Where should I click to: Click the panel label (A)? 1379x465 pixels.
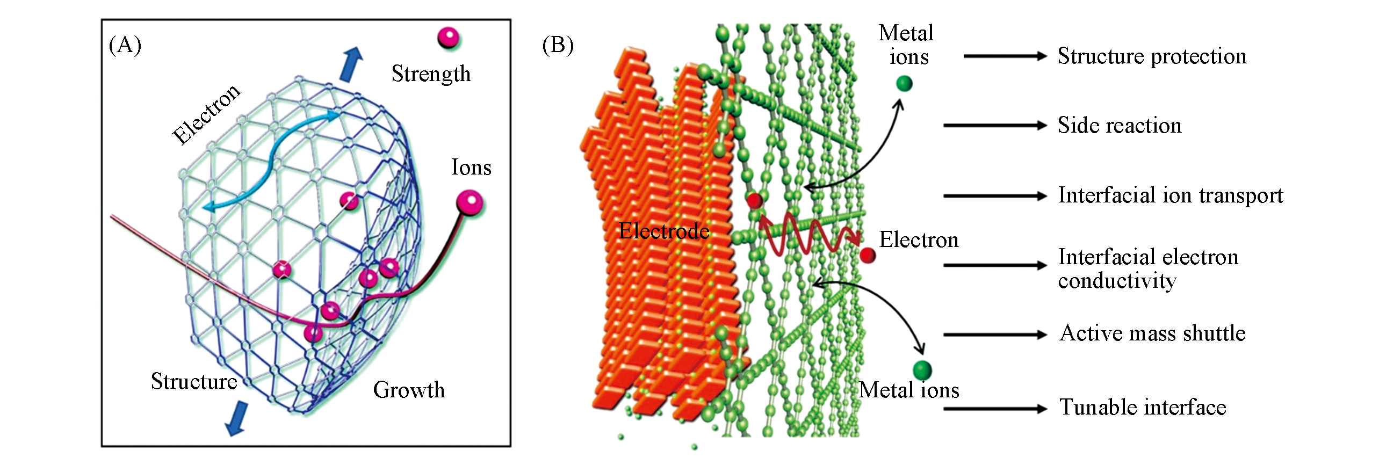[125, 45]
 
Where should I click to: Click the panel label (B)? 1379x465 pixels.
[558, 45]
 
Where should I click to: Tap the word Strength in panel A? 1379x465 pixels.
[431, 74]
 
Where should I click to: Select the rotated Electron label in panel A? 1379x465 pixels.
[206, 114]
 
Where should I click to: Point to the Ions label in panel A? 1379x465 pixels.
[471, 168]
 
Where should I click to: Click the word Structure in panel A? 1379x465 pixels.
[194, 381]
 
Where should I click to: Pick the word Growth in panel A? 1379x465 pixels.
[409, 390]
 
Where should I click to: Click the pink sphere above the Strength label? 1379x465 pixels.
[449, 38]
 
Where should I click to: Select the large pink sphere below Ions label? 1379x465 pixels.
[470, 203]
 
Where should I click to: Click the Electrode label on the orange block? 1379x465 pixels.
[664, 231]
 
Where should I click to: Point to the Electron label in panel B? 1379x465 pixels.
[919, 240]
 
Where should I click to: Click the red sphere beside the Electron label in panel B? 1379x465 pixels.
[868, 255]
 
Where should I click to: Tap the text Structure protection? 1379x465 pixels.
[1152, 56]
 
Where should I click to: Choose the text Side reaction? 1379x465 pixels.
[1120, 126]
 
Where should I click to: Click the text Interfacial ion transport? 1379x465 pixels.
[1170, 195]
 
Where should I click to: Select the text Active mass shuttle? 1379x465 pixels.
[1152, 333]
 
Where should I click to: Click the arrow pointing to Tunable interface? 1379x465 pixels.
[995, 409]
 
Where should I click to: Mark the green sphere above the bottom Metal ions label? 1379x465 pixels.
[922, 369]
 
